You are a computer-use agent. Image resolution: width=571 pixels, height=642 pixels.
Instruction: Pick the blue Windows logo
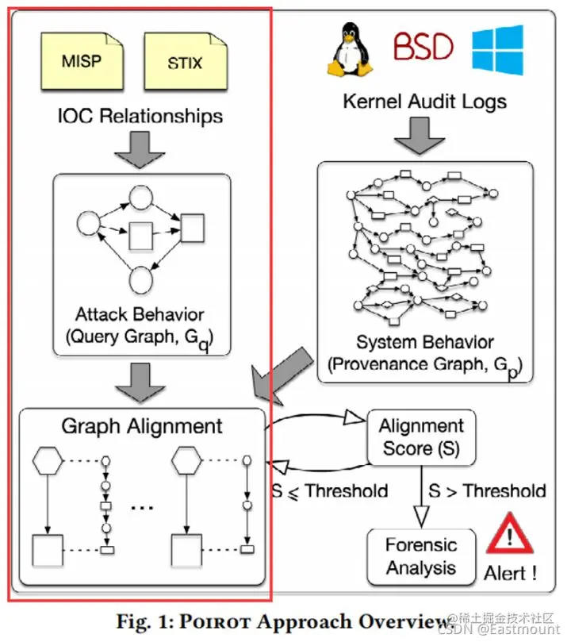[x=497, y=49]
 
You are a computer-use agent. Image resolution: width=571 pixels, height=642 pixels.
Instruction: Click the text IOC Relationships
[x=140, y=116]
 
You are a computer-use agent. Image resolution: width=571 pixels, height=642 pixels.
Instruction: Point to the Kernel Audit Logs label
[x=425, y=101]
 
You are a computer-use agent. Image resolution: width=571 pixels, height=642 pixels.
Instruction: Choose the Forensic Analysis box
[x=421, y=556]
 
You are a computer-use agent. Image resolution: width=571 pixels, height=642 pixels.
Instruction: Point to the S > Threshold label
[x=487, y=490]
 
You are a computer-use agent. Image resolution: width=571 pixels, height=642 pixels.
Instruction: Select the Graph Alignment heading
[x=142, y=426]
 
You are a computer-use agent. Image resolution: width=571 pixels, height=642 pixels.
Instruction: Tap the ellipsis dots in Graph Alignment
[x=140, y=509]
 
